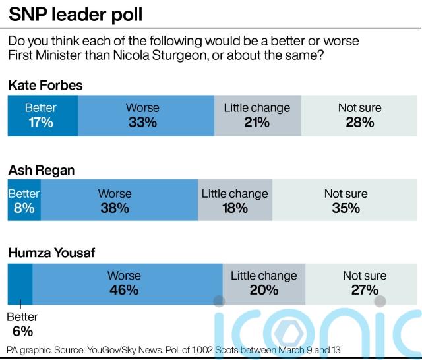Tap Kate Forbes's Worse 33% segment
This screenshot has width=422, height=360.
click(146, 115)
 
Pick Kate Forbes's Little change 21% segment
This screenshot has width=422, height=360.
click(257, 115)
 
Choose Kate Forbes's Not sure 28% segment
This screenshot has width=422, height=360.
click(359, 115)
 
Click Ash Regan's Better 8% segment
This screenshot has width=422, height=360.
click(24, 200)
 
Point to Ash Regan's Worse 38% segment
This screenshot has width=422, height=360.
click(119, 200)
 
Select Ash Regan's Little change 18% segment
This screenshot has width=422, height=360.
click(235, 200)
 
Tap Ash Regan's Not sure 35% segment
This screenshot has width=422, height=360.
click(346, 200)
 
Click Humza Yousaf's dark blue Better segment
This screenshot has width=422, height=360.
click(20, 283)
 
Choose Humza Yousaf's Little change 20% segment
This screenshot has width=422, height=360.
click(264, 283)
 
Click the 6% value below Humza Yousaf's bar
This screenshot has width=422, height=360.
click(22, 332)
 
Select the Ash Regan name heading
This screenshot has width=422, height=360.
click(41, 170)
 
